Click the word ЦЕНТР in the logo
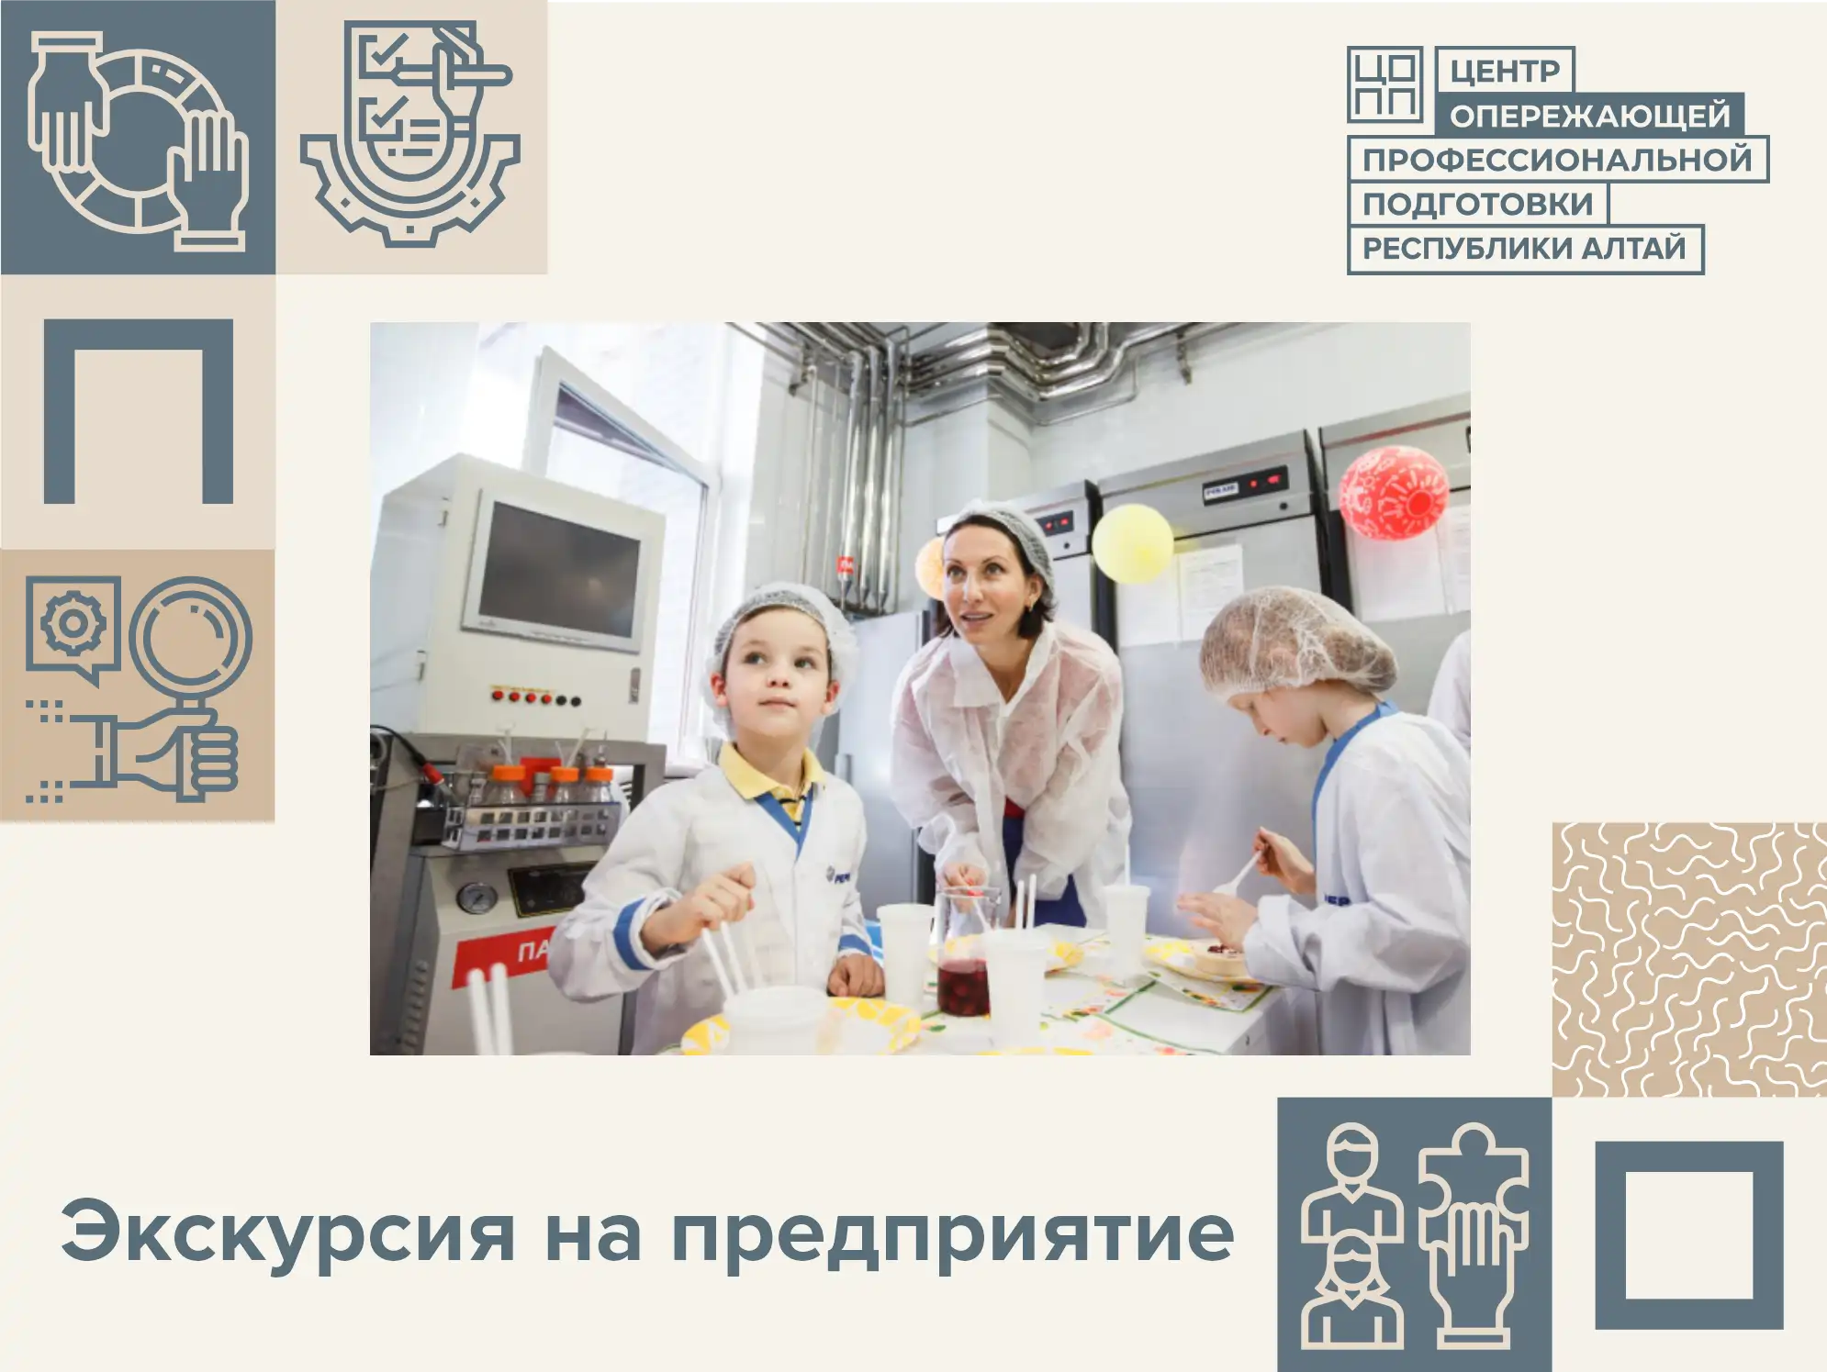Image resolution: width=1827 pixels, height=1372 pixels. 1505,71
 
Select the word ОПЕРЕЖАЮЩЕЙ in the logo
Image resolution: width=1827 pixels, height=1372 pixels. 1590,116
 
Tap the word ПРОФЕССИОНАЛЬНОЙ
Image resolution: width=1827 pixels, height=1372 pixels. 1557,160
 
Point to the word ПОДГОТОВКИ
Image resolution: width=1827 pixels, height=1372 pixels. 1477,204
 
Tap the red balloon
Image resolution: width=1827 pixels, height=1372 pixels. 1393,493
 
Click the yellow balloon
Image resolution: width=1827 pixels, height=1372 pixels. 1133,543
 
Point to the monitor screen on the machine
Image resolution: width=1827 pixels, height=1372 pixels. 559,569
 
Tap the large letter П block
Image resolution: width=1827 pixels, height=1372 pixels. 139,411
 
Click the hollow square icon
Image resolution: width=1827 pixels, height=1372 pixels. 1689,1235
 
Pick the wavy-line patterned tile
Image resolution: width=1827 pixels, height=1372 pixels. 1689,959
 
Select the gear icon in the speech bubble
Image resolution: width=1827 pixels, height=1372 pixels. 73,624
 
